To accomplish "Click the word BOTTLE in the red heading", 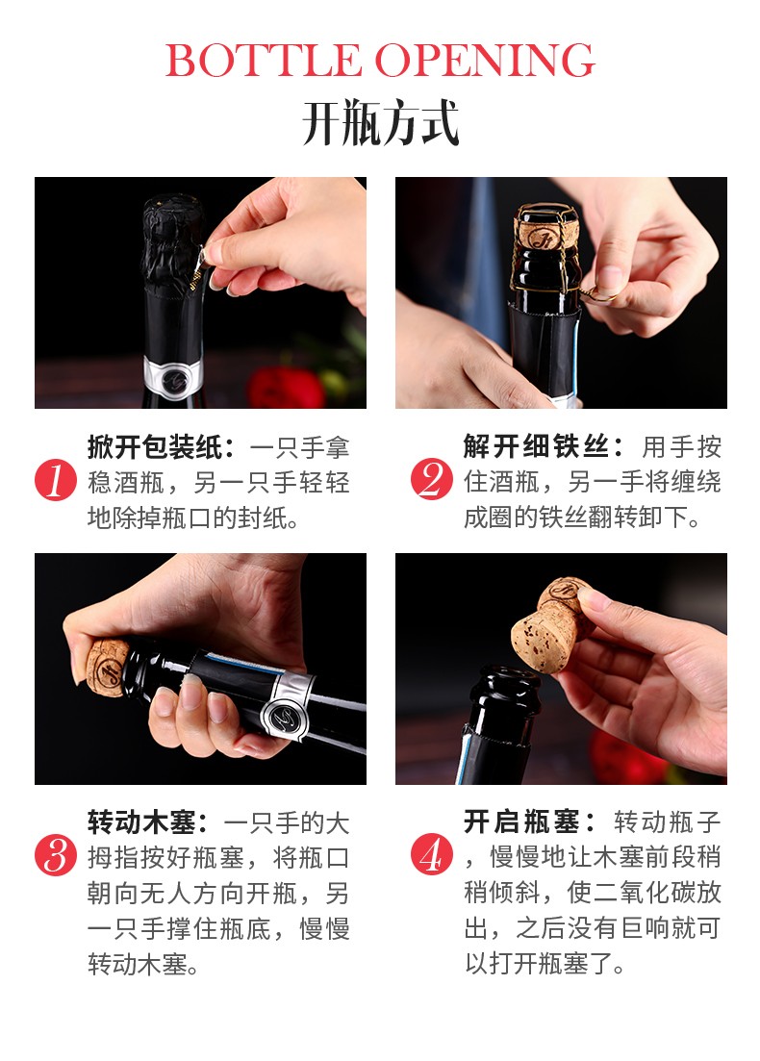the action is pos(264,61).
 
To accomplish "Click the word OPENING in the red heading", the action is pos(485,61).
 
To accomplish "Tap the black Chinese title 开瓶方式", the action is pos(380,123).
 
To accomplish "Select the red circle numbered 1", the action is pos(56,480).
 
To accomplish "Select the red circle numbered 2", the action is pos(431,480).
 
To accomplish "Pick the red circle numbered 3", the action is pos(56,855).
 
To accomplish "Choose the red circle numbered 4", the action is pos(431,855).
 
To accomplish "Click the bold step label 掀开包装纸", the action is pos(155,447).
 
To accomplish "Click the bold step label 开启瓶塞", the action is pos(521,822).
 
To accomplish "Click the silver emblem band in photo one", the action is pos(172,378).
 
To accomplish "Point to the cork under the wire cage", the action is pos(545,227).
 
